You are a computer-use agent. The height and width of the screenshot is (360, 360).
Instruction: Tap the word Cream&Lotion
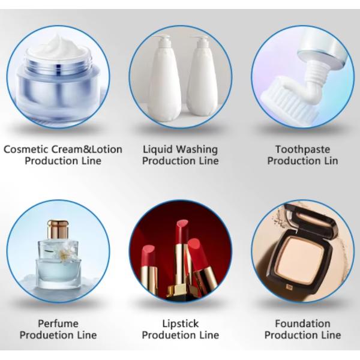click(x=86, y=149)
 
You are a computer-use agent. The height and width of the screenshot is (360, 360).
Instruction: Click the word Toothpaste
click(x=302, y=150)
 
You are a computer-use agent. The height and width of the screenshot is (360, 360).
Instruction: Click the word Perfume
click(x=58, y=324)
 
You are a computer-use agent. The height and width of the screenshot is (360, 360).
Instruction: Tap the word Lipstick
click(x=181, y=324)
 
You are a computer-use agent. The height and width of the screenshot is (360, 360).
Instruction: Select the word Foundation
click(x=302, y=324)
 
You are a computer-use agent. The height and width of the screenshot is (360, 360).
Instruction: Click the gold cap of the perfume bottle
click(x=58, y=229)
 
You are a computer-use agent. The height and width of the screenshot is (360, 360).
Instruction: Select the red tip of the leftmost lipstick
click(x=148, y=253)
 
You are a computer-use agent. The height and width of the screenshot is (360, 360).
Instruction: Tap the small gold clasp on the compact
click(x=289, y=287)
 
